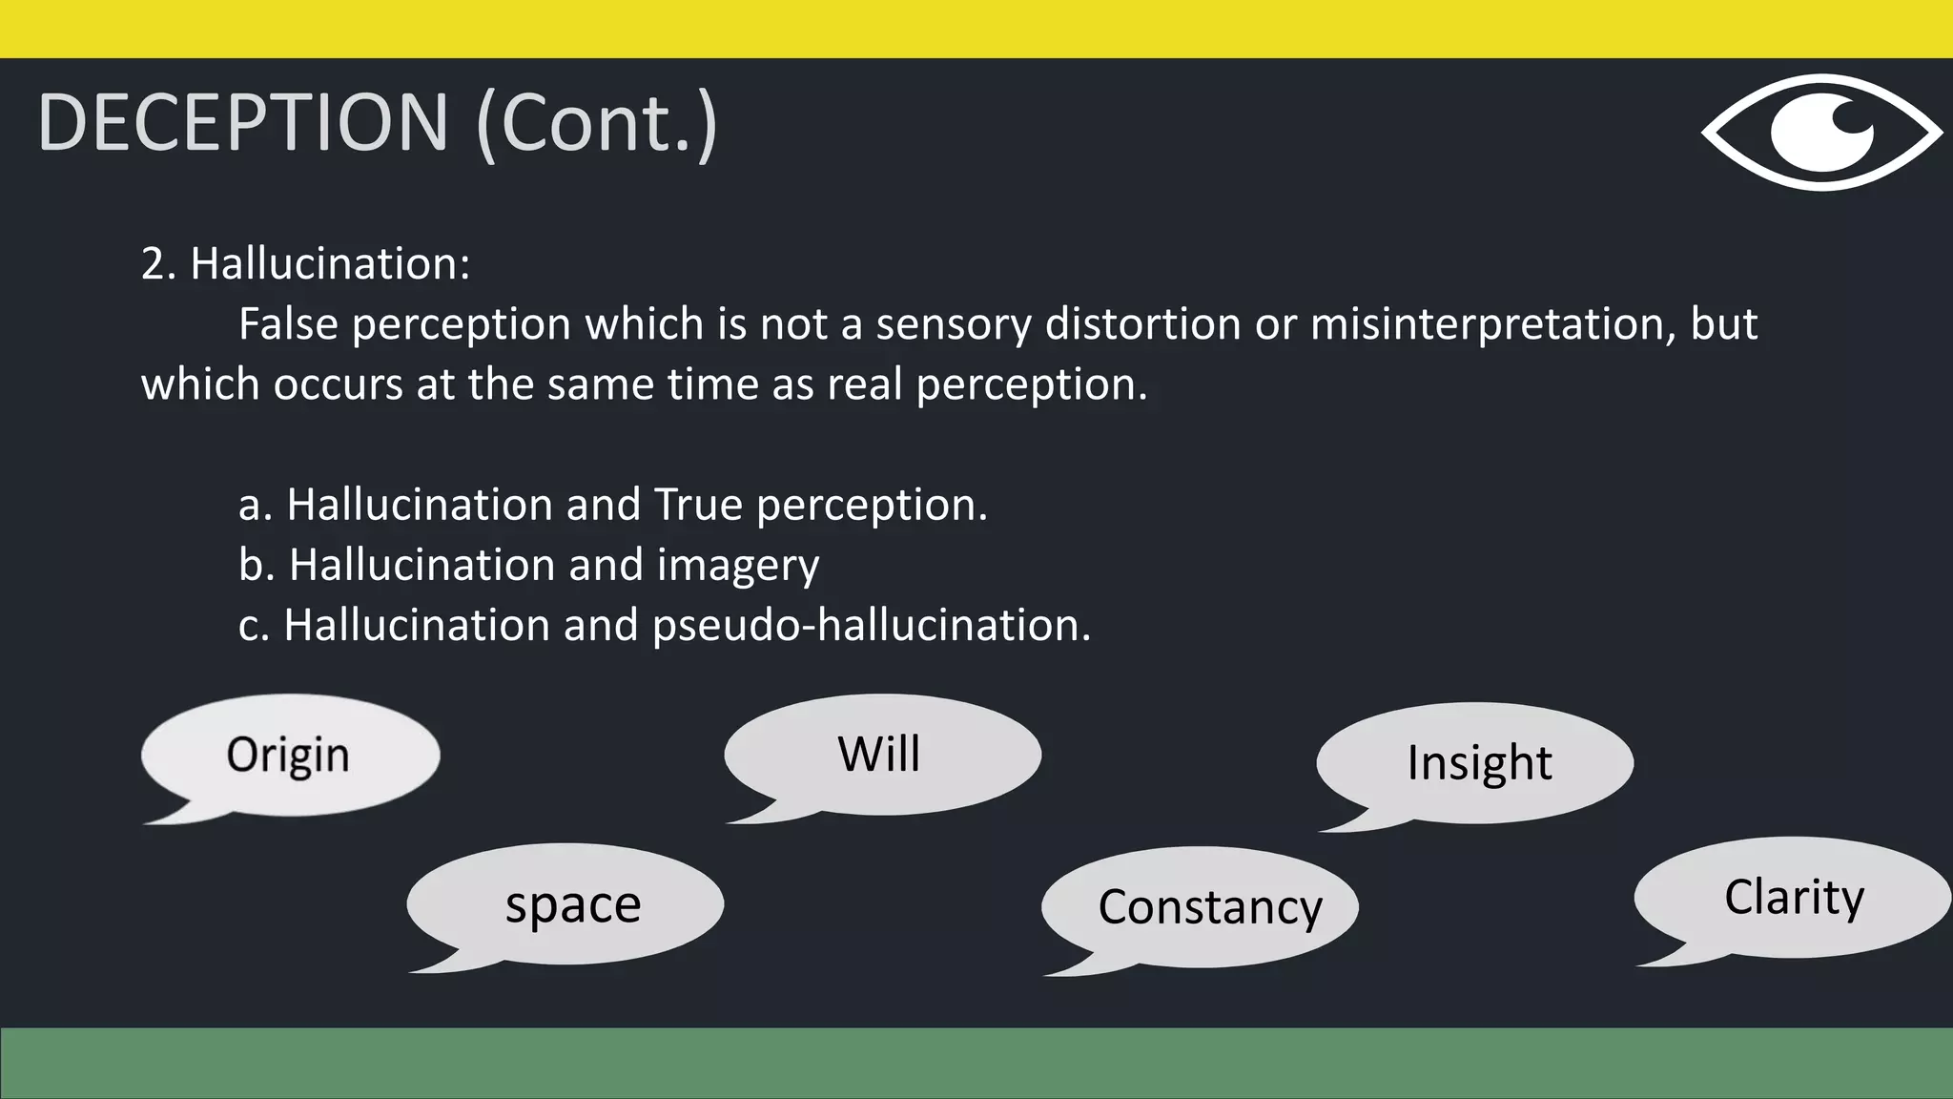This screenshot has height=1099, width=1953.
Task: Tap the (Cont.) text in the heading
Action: (596, 124)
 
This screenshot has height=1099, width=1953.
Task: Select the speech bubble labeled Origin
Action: (290, 755)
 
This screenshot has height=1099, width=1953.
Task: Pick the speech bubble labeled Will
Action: (881, 754)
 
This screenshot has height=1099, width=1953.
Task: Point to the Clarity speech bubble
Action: (1793, 897)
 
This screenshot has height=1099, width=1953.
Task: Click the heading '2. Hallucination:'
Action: (305, 263)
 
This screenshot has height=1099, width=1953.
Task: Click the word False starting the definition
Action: (288, 323)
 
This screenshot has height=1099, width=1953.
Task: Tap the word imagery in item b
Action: (737, 565)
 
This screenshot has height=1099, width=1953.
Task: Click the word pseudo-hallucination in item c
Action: (870, 626)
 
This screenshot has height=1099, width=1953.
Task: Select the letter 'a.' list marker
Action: (255, 505)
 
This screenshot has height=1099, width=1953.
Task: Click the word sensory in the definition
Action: (954, 325)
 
